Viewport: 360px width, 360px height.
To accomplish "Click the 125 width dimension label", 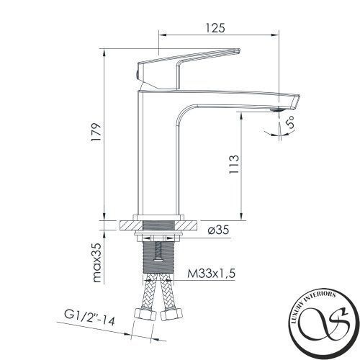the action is [215, 28].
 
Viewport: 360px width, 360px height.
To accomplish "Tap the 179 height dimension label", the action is [96, 132].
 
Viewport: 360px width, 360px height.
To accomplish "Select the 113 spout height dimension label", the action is [234, 164].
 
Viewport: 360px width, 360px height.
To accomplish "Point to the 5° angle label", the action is [290, 122].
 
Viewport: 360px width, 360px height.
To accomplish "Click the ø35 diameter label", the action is [218, 230].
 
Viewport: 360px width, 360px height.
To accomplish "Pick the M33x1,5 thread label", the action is [211, 274].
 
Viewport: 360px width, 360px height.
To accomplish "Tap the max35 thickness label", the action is [96, 263].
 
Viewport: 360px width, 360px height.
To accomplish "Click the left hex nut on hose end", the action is [145, 315].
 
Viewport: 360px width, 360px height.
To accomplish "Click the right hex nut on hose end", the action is [171, 315].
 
